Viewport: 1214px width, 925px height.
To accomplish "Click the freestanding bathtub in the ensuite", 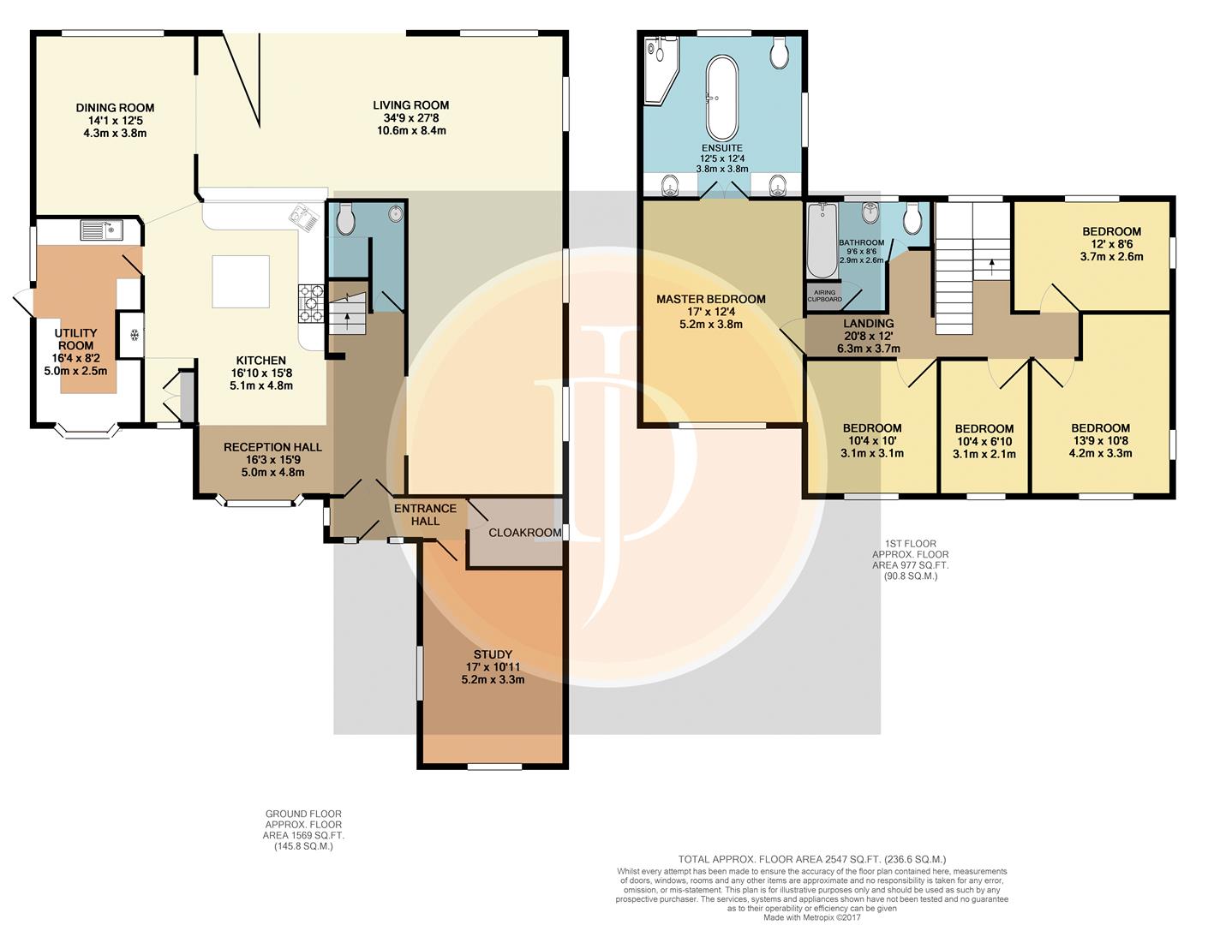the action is pos(721,98).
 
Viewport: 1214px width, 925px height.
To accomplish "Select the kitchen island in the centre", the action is pos(241,282).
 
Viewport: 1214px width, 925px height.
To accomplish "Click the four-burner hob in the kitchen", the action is pos(311,303).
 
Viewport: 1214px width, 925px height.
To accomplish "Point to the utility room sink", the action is pos(102,230).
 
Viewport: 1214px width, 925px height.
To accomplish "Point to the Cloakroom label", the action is pos(525,533).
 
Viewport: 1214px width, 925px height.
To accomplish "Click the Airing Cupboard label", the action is pos(825,295).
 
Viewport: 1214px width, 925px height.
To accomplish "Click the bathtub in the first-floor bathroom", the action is pos(822,241).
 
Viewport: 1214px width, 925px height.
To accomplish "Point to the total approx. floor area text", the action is pos(812,859).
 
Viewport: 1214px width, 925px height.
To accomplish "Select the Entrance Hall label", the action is pos(425,515).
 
